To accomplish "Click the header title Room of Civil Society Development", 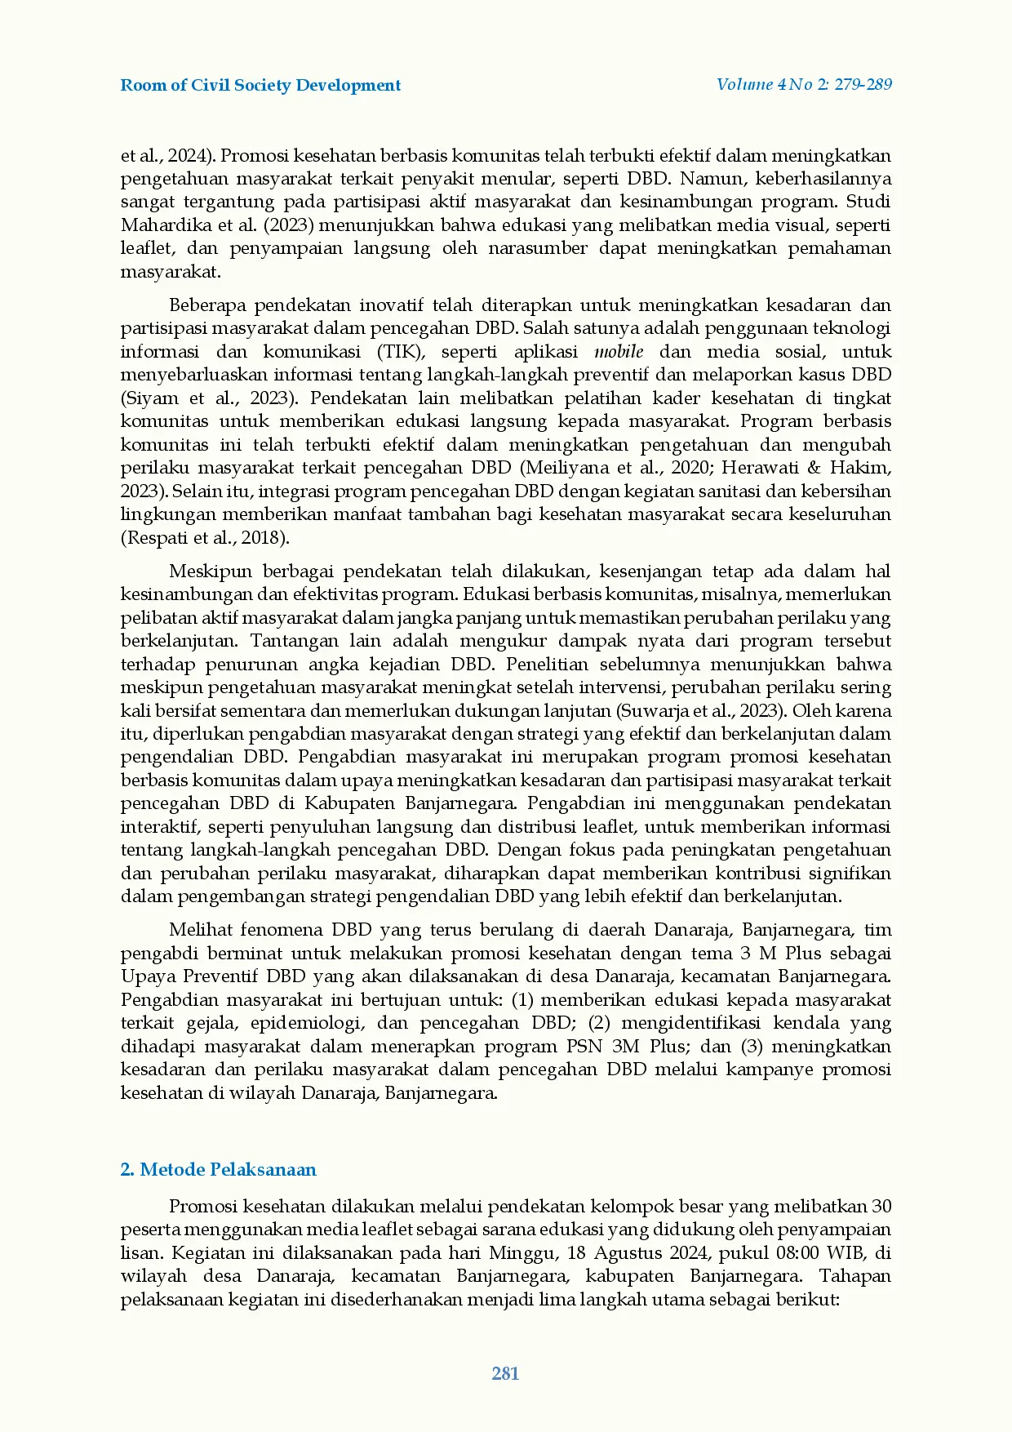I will click(x=260, y=86).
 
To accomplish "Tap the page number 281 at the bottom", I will click(x=505, y=1373).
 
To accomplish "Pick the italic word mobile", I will click(x=619, y=352).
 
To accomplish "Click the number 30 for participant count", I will click(x=881, y=1207).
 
